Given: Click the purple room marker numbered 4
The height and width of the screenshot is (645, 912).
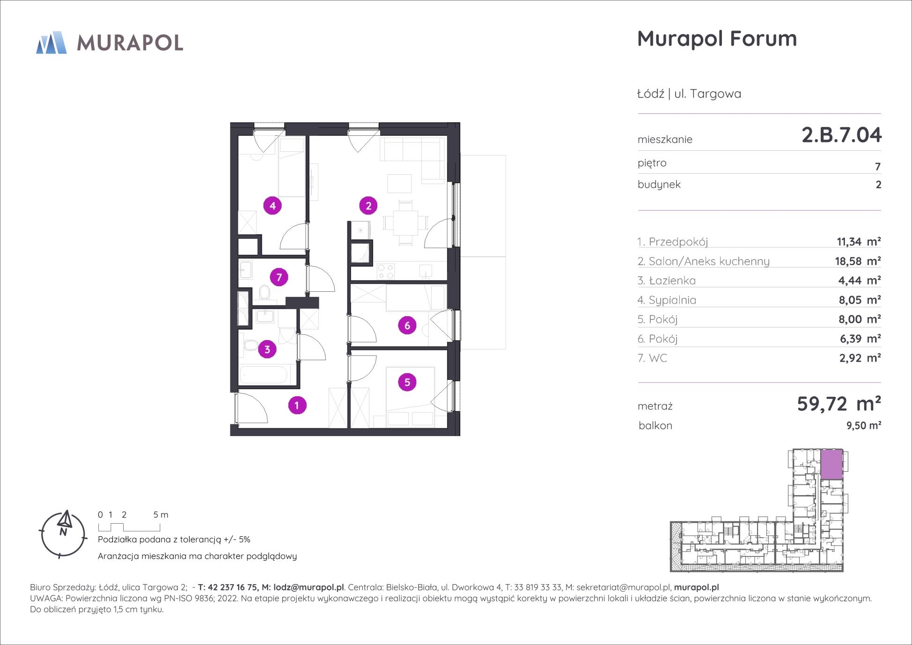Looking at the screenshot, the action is [x=272, y=205].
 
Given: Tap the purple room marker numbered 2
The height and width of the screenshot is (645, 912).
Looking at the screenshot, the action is [x=368, y=205].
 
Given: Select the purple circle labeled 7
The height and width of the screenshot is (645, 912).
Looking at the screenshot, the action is [x=279, y=277].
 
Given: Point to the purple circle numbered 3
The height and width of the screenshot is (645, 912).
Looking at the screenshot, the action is [x=267, y=349].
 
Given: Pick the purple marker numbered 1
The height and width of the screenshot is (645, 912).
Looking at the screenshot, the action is [x=297, y=405].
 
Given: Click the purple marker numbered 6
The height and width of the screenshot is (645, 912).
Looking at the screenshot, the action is [x=407, y=325].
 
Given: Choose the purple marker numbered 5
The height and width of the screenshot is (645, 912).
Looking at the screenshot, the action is [x=407, y=382].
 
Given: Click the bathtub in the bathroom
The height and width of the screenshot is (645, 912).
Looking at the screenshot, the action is [x=264, y=375].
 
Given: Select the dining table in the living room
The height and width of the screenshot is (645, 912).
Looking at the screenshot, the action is [x=405, y=223].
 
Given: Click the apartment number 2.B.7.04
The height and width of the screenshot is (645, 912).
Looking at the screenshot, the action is [x=842, y=135].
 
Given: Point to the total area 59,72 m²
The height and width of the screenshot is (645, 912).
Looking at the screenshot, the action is [x=839, y=403].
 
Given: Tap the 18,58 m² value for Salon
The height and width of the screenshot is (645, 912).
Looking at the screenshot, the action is [x=858, y=261].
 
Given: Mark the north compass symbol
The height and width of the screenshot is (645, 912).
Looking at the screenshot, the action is [x=63, y=534].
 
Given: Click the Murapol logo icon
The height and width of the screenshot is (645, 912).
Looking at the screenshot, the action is [x=51, y=43].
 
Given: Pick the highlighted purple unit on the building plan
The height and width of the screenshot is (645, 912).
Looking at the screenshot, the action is [x=832, y=464].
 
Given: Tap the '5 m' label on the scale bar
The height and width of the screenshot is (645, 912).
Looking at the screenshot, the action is [x=161, y=515].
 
